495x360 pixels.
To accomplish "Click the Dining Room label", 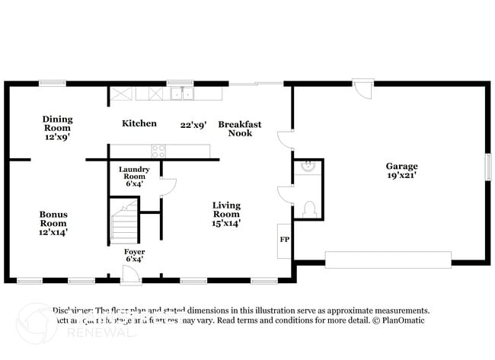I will [57, 129].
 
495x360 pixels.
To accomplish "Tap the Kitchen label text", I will [139, 123].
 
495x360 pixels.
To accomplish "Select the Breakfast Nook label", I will [240, 129].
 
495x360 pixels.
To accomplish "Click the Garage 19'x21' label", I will [401, 170].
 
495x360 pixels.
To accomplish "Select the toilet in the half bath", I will [309, 208].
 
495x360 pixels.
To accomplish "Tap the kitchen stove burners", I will [159, 151].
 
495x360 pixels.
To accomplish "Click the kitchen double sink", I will [181, 94].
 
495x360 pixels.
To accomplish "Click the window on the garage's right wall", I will [488, 167].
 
